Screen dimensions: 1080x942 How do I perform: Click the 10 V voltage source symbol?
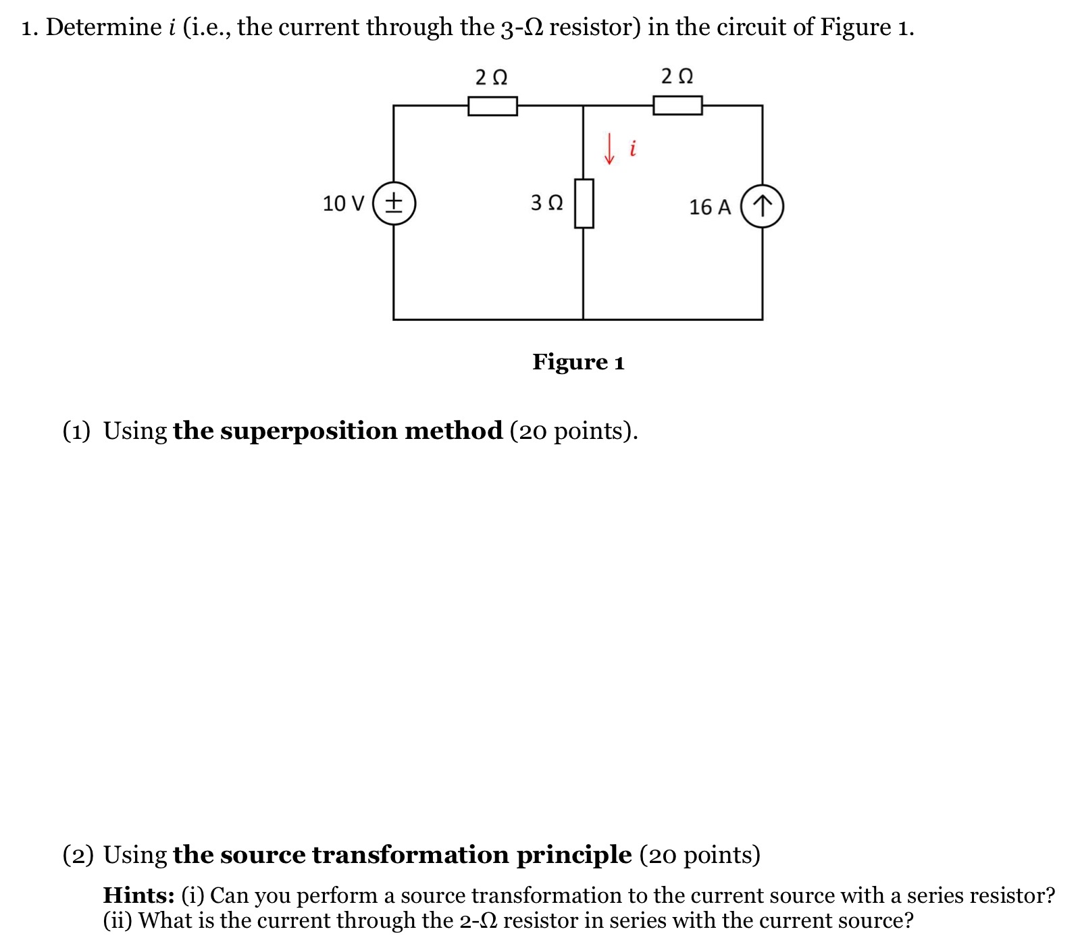(394, 203)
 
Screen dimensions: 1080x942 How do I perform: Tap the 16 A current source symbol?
(762, 206)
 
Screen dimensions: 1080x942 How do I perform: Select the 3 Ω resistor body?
(584, 203)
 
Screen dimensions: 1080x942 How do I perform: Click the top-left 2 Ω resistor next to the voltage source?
(492, 106)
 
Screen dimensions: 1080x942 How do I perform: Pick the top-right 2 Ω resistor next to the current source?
(677, 105)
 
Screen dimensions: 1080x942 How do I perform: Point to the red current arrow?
(609, 149)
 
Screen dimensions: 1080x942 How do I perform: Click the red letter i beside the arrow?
(632, 148)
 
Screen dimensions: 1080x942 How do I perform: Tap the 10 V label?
(343, 203)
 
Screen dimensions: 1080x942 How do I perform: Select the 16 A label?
(709, 207)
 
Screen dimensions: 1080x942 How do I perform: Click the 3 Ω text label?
(546, 203)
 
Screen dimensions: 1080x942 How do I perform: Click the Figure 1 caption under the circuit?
(578, 362)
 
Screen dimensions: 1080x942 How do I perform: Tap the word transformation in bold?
(413, 854)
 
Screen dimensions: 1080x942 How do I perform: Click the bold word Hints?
(139, 895)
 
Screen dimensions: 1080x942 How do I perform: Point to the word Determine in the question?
(103, 27)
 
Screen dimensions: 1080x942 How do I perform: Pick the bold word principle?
(574, 854)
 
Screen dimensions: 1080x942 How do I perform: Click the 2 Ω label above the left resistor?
(491, 77)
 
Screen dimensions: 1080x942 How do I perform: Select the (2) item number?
(78, 855)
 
